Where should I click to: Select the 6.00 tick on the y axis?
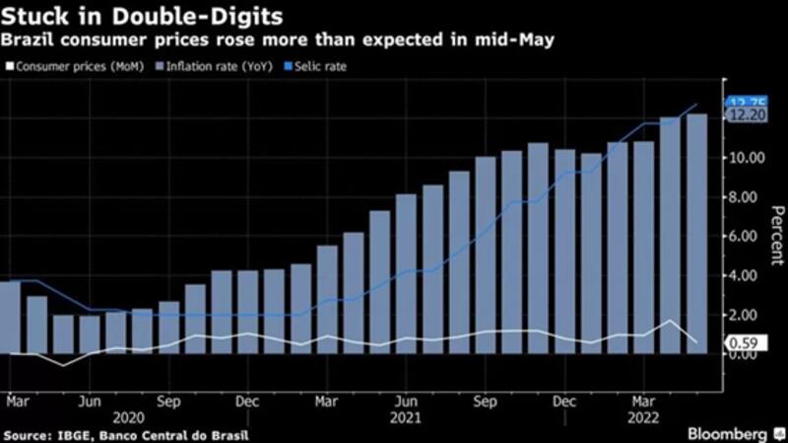(747, 236)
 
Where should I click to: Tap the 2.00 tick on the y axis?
(747, 315)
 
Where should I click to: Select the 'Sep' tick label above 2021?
(485, 402)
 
